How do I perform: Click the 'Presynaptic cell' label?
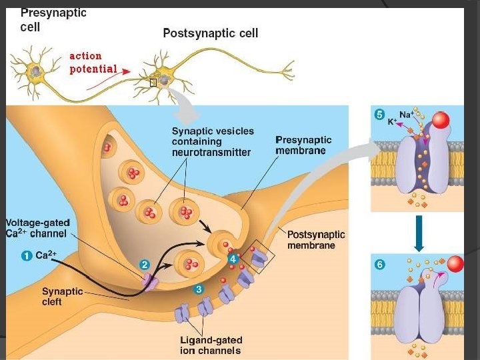[53, 20]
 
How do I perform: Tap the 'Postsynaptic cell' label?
[211, 33]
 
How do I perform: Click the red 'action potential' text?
[93, 62]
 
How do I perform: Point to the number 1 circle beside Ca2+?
[27, 255]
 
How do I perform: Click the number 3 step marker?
[198, 289]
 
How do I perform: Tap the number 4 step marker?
[233, 258]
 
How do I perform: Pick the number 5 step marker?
[379, 115]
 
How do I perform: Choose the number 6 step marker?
[379, 264]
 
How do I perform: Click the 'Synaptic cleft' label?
[62, 296]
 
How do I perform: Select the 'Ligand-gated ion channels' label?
[210, 345]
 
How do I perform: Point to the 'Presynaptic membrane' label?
[303, 145]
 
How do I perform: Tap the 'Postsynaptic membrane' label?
[316, 239]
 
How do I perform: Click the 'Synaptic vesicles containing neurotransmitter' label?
[211, 141]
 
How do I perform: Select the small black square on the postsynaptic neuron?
[153, 82]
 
